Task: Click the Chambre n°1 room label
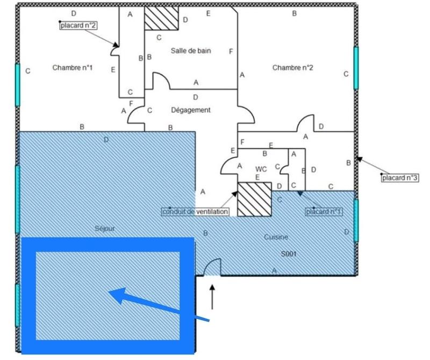(73, 68)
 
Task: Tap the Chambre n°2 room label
(292, 68)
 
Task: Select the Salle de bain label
(190, 51)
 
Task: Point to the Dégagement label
(190, 110)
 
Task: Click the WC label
(261, 168)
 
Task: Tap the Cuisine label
(276, 237)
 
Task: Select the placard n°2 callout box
(78, 25)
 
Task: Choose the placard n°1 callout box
(325, 211)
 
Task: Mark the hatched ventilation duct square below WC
(254, 199)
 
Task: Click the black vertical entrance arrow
(212, 298)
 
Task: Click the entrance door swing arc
(212, 266)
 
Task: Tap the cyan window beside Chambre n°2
(356, 68)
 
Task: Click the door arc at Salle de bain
(161, 81)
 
